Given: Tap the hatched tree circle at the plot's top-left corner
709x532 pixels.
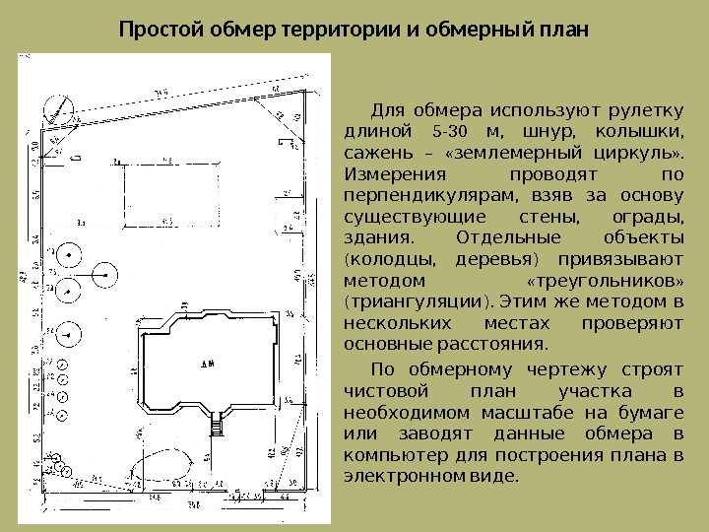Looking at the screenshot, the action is pyautogui.click(x=60, y=109).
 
